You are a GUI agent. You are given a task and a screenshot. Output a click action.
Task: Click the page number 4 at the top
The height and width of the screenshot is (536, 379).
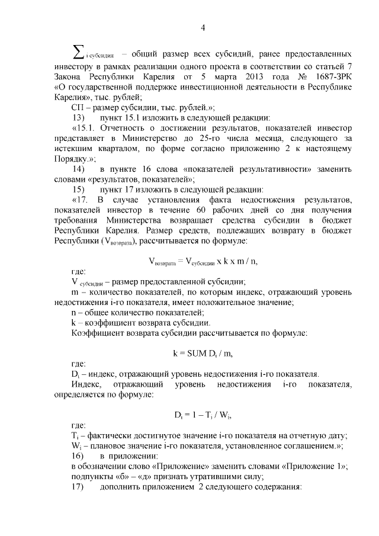(203, 27)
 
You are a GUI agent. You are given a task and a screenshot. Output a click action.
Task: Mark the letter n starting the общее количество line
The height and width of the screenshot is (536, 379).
(73, 312)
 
